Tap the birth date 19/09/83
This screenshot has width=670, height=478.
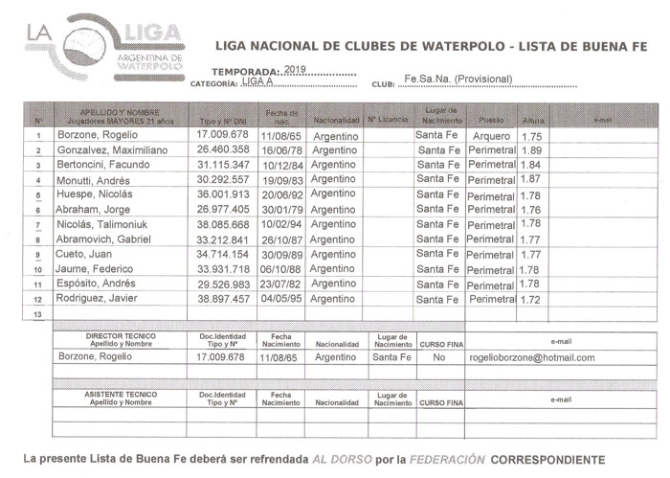point(281,180)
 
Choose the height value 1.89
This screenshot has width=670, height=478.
point(531,151)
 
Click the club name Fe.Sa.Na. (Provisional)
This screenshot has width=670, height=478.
point(458,79)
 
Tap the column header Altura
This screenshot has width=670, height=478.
point(533,121)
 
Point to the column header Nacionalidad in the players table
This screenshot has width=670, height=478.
point(335,121)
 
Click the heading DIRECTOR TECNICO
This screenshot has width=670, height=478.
point(117,337)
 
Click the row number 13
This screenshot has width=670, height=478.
point(38,314)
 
